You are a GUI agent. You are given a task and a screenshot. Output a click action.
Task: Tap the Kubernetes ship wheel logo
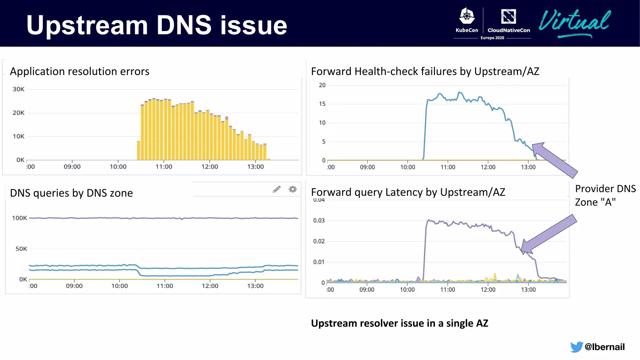click(x=467, y=16)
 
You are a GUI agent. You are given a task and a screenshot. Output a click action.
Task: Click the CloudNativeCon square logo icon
click(x=508, y=16)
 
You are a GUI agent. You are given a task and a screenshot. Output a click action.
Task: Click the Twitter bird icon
click(x=576, y=347)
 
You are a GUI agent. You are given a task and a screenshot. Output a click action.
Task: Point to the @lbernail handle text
click(x=604, y=347)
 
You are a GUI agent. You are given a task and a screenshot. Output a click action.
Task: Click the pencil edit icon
click(x=277, y=189)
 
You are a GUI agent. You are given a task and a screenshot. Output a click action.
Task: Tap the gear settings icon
click(x=292, y=189)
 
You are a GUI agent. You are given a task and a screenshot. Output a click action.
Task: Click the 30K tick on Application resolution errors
click(x=18, y=89)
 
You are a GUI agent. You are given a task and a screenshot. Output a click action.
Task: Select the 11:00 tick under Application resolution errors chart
click(x=164, y=167)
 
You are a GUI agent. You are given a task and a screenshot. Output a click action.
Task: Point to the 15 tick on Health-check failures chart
click(x=322, y=104)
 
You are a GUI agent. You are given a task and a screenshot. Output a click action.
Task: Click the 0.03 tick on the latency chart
click(x=319, y=221)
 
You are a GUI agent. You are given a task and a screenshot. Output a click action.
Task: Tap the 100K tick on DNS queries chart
click(x=19, y=218)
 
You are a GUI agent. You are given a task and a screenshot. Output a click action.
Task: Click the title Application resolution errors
click(x=79, y=72)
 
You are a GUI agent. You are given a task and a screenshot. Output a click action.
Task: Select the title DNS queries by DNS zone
click(x=71, y=193)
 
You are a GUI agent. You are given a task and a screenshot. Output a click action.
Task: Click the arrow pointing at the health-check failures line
click(x=554, y=160)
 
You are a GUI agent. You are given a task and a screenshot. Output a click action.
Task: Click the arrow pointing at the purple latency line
click(x=549, y=233)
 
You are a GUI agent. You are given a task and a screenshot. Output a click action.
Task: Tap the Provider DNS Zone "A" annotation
click(x=605, y=195)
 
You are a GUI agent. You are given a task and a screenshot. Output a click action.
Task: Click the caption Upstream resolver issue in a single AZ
click(x=399, y=323)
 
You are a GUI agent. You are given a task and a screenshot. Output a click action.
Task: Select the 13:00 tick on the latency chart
click(x=528, y=290)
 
